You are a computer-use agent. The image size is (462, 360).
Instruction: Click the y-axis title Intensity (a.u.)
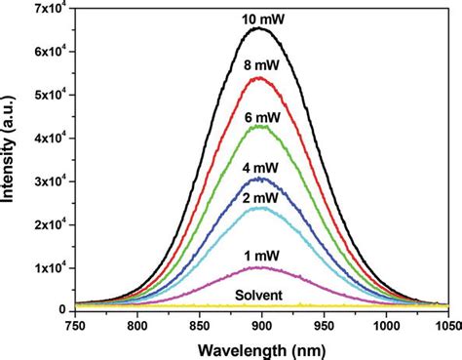tap(11, 156)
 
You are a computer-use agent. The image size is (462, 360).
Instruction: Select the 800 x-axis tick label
tap(137, 325)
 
